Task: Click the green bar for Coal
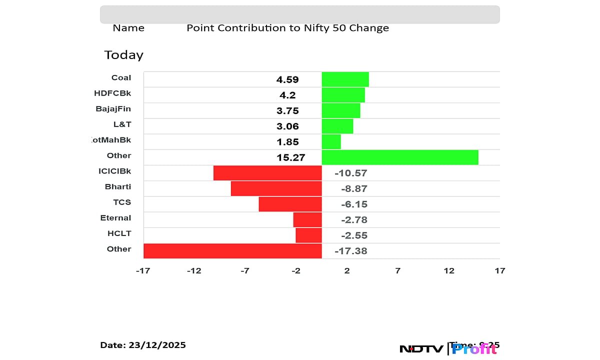point(345,79)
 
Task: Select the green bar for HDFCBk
point(343,94)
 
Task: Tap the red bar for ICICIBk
point(267,172)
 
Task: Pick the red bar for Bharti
point(276,188)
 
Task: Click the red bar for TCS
point(290,204)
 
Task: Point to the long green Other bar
point(400,157)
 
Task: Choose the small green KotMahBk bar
point(331,141)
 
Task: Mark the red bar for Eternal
point(307,219)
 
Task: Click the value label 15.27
point(291,157)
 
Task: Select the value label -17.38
point(351,251)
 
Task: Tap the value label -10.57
point(351,173)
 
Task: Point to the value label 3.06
point(287,126)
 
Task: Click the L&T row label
point(122,124)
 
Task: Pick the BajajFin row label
point(113,108)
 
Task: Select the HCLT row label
point(119,233)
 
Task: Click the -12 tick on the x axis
point(194,270)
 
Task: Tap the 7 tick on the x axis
point(397,270)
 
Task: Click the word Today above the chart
point(123,54)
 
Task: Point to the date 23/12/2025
point(156,345)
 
